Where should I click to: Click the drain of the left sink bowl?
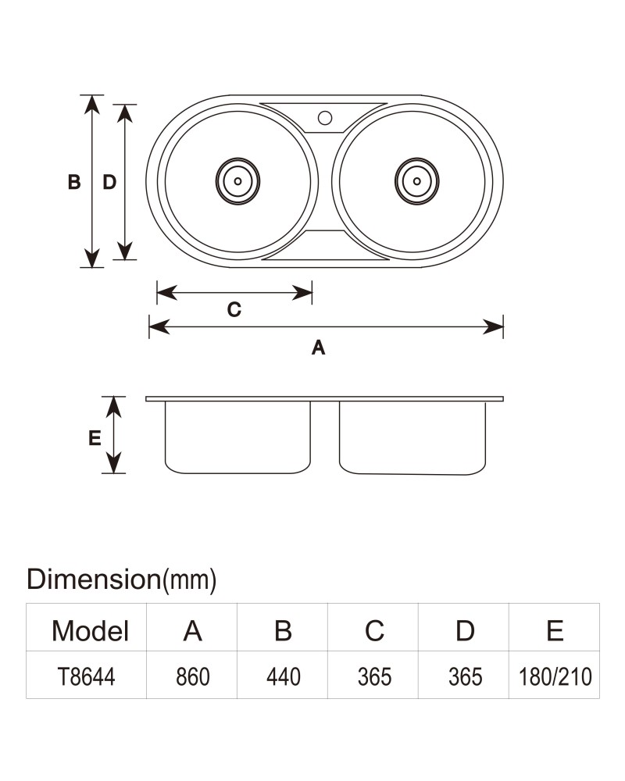[x=237, y=181]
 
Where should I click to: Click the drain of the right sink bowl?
[x=416, y=181]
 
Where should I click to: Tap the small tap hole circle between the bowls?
[x=325, y=118]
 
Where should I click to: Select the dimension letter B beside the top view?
[x=74, y=182]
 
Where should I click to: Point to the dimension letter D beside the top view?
[x=109, y=182]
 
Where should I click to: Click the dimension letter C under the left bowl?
[x=234, y=310]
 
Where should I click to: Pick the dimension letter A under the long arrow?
[x=319, y=348]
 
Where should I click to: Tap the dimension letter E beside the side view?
[x=95, y=438]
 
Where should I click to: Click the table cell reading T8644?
[x=86, y=677]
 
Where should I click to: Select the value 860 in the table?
[x=193, y=677]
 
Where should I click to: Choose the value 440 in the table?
[x=284, y=677]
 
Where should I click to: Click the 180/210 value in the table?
[x=555, y=677]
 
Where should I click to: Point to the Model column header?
[x=90, y=631]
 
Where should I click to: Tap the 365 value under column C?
[x=374, y=677]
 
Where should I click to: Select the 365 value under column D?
[x=465, y=677]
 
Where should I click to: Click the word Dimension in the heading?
[x=94, y=580]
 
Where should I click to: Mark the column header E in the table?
[x=555, y=630]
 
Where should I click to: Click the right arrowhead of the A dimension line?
[x=494, y=327]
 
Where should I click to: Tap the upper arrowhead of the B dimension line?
[x=91, y=105]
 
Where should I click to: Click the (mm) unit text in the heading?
[x=189, y=580]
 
